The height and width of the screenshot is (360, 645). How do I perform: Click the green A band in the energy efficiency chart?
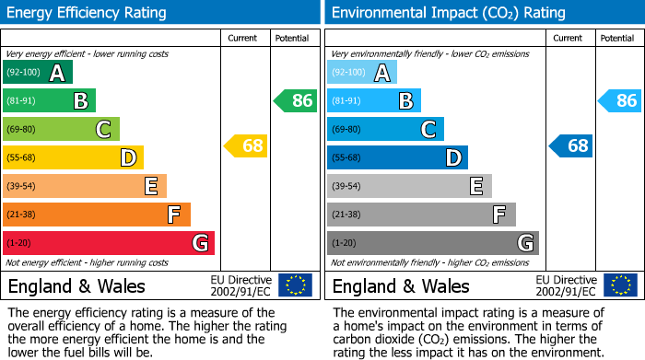tap(37, 73)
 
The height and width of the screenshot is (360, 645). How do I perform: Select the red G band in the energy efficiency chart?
tap(108, 243)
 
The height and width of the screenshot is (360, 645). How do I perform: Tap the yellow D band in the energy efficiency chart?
tap(73, 157)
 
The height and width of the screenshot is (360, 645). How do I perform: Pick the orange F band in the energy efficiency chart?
tap(96, 215)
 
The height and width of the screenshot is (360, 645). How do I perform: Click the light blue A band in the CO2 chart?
tap(361, 73)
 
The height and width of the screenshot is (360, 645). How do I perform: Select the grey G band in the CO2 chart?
tap(432, 243)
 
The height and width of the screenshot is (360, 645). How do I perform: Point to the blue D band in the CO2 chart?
tap(397, 157)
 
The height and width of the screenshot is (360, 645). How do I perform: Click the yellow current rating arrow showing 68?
tap(246, 145)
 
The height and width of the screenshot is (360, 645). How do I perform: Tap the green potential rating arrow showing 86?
tap(296, 100)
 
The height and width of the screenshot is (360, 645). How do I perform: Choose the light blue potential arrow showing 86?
tap(620, 100)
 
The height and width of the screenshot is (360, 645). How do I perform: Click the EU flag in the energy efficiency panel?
tap(295, 285)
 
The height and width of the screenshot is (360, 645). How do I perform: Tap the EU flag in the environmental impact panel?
tap(620, 285)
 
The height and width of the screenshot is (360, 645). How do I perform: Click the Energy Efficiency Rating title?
tap(88, 13)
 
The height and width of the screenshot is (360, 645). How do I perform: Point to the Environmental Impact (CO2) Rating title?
tap(448, 13)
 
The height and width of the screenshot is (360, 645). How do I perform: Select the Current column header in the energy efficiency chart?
tap(243, 38)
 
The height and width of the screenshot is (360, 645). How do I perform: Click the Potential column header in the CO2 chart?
tap(616, 38)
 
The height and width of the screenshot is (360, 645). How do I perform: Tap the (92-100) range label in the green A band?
tap(24, 73)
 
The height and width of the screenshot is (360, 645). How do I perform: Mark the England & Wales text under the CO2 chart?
tap(401, 285)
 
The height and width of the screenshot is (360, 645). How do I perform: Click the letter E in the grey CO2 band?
tap(475, 186)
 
